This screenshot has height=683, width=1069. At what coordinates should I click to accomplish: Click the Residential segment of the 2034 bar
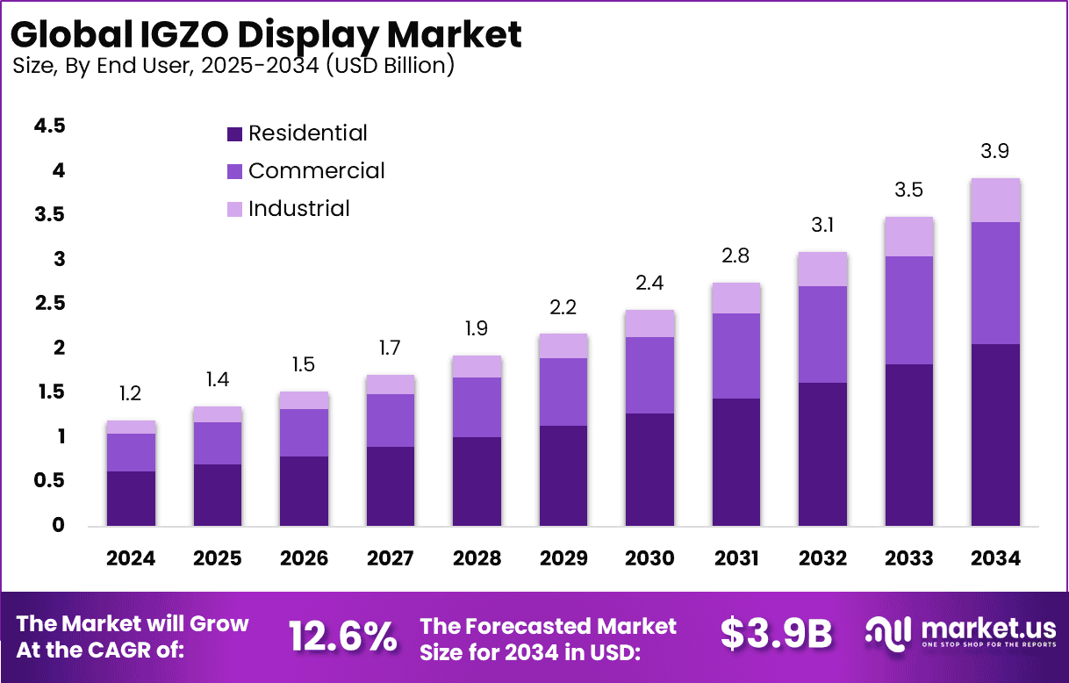coord(995,435)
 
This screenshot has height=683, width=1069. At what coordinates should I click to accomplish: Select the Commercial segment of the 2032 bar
coord(822,334)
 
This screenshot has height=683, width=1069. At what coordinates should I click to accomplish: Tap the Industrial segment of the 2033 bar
coord(909,237)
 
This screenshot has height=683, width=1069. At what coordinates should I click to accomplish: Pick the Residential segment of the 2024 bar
coord(131,499)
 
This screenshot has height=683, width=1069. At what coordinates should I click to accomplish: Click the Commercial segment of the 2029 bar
coord(563,392)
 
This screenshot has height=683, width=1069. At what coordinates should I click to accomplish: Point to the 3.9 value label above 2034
coord(994,151)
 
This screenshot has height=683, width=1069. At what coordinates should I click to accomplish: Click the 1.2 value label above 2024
coord(130,394)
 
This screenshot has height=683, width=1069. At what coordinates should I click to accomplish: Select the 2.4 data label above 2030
coord(649,284)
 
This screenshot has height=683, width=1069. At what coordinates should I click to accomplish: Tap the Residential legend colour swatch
coord(234,134)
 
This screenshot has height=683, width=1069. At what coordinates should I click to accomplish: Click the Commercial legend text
coord(316,170)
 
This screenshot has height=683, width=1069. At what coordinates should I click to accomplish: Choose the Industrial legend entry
coord(298,209)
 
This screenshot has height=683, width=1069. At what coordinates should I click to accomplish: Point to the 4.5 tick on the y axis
coord(49,126)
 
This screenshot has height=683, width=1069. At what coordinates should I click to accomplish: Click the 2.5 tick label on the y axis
coord(49,304)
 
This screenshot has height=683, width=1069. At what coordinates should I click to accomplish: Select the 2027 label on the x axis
coord(391,559)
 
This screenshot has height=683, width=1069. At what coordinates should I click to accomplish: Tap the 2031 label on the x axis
coord(736,559)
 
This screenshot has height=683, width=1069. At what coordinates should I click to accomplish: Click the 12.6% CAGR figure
coord(343,636)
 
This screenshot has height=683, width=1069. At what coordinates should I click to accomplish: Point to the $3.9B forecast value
coord(776,635)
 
